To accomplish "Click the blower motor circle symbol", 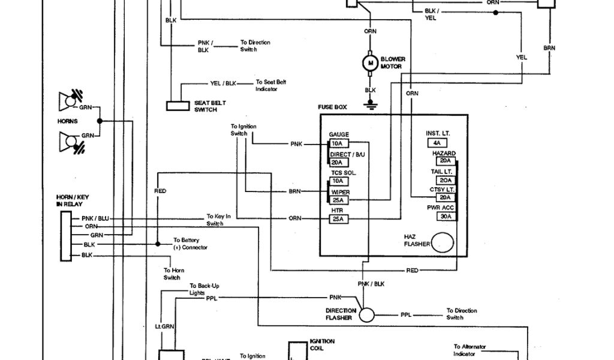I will pos(370,62).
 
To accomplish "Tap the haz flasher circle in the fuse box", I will pos(443,242).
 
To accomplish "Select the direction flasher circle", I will pos(367,314).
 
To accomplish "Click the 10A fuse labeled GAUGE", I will pos(338,144).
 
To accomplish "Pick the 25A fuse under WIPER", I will pos(338,200).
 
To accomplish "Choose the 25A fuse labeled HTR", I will pos(338,219).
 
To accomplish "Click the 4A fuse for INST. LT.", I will pos(437,143).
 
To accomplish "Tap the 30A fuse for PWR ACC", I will pos(445,217).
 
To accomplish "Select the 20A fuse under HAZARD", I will pos(445,161).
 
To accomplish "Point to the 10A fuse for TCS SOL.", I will pos(338,181).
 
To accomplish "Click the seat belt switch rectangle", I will pos(178,106).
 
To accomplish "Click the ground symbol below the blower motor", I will pos(370,106).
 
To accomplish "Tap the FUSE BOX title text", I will pos(332,107).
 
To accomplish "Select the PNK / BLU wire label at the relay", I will pos(95,218).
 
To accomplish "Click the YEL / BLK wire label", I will pos(223,84).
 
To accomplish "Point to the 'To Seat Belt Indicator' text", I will pos(267,85).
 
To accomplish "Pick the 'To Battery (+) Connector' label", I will pos(190,244).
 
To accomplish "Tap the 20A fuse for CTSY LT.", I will pos(445,197).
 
